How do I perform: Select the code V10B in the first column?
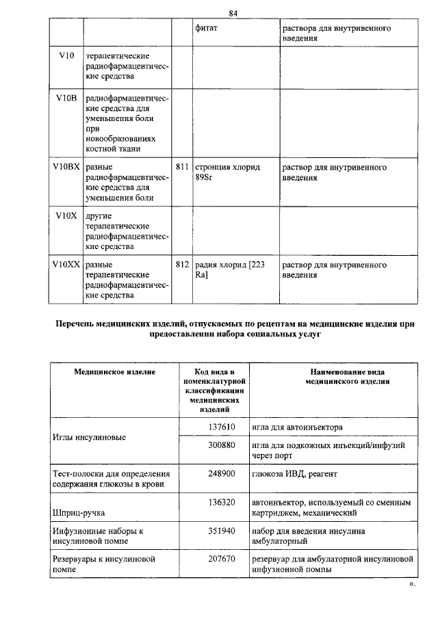pyautogui.click(x=66, y=99)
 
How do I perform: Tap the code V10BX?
pyautogui.click(x=66, y=167)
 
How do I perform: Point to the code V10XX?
pyautogui.click(x=66, y=264)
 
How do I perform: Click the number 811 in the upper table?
pyautogui.click(x=182, y=167)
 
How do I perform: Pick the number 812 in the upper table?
pyautogui.click(x=182, y=264)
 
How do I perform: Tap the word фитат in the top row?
pyautogui.click(x=207, y=29)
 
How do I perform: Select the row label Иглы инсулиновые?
pyautogui.click(x=89, y=437)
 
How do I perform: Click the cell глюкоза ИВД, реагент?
pyautogui.click(x=294, y=473)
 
